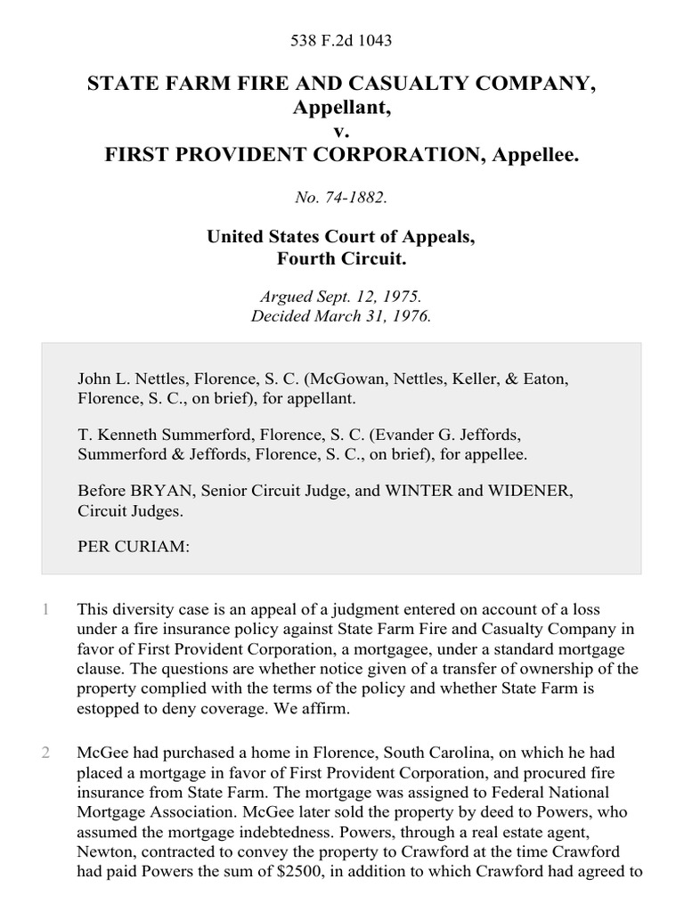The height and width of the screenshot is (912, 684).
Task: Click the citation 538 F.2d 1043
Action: pos(341,40)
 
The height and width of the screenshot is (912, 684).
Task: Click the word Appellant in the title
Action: pos(338,108)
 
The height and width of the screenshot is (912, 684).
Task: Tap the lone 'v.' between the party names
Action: pos(341,132)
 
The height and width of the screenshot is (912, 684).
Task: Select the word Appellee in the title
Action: pos(536,156)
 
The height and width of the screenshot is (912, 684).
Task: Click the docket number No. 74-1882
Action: pos(341,198)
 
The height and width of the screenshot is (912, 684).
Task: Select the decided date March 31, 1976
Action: pos(374,316)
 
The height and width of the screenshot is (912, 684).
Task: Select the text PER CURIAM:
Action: pos(134,548)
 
